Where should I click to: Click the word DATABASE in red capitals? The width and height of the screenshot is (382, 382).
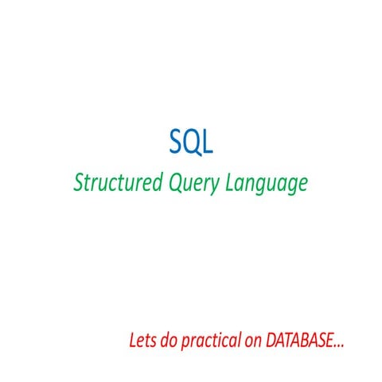[299, 342]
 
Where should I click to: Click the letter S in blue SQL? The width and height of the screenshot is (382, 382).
[177, 142]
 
